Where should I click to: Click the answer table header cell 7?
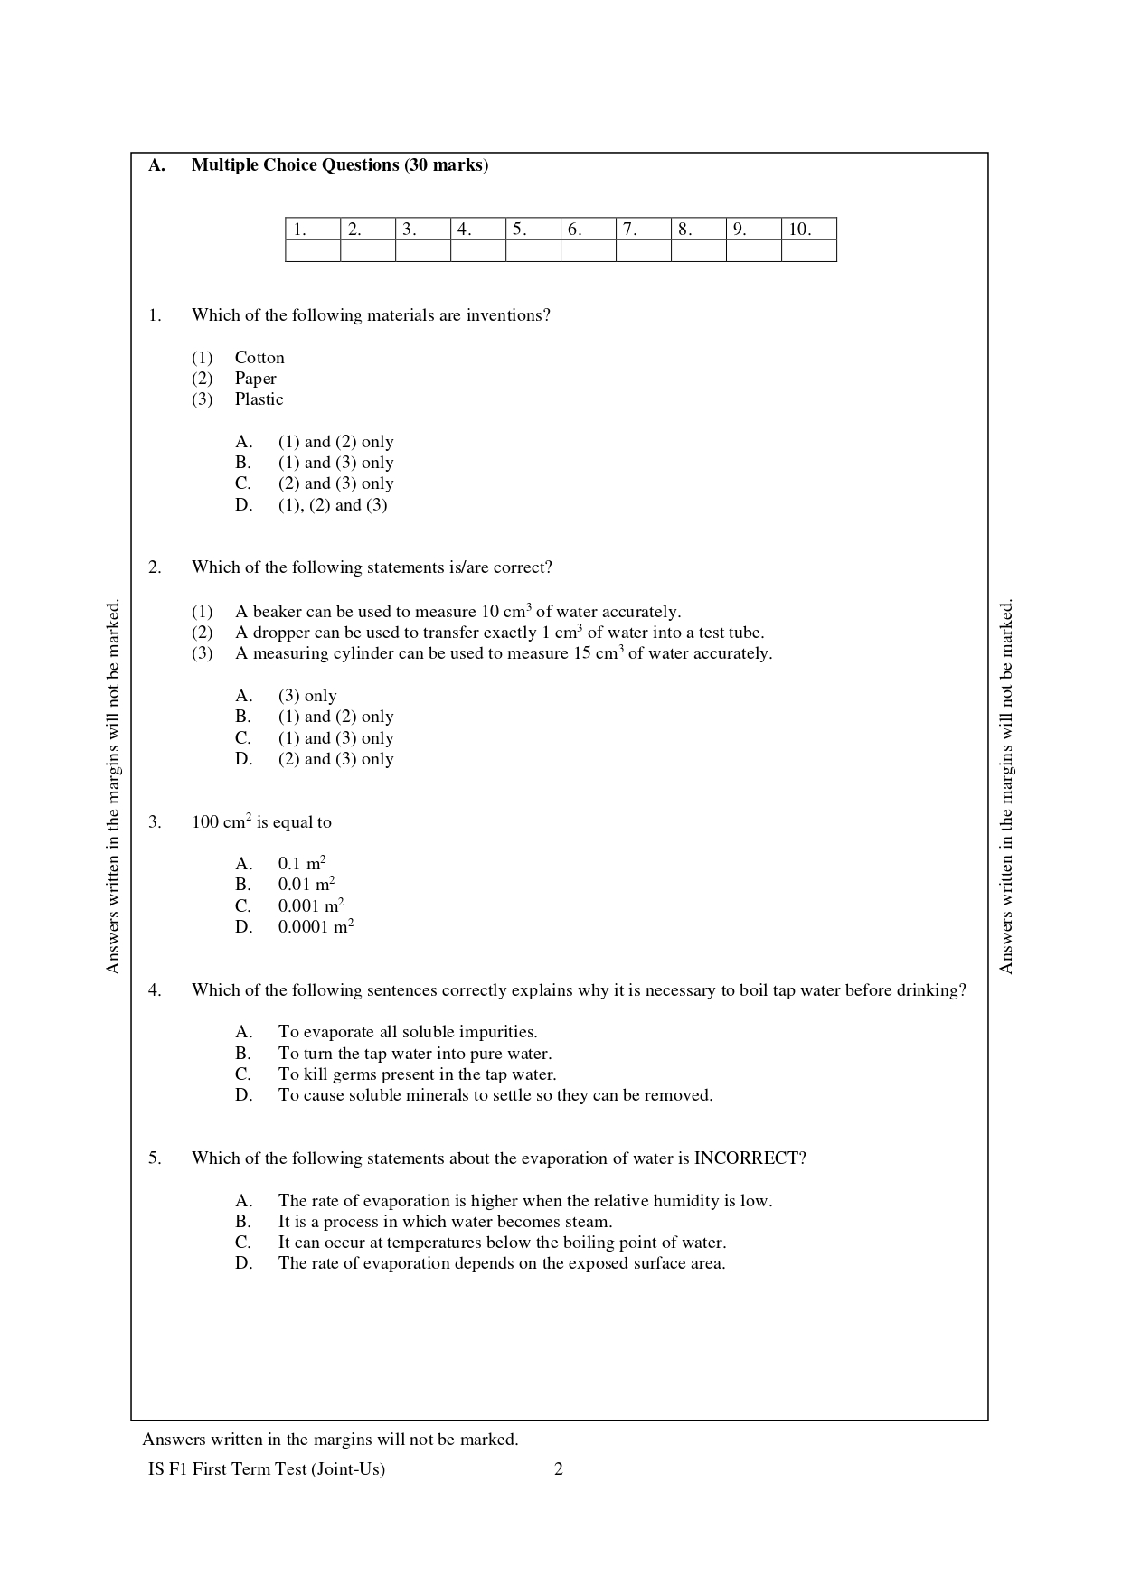tap(643, 230)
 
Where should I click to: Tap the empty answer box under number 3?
tap(422, 251)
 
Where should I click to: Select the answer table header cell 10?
tap(808, 230)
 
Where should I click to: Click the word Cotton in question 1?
tap(259, 358)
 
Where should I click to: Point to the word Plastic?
tap(259, 399)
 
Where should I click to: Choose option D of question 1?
tap(332, 505)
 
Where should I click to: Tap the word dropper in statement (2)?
tap(280, 633)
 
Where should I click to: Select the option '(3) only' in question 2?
tap(307, 696)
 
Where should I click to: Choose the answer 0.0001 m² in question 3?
tap(316, 927)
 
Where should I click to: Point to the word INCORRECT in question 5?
tap(747, 1158)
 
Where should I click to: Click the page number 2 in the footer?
tap(559, 1469)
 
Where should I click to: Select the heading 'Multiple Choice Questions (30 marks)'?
tap(340, 165)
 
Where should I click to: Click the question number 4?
tap(155, 990)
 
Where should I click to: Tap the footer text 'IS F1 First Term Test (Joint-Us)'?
tap(267, 1469)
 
